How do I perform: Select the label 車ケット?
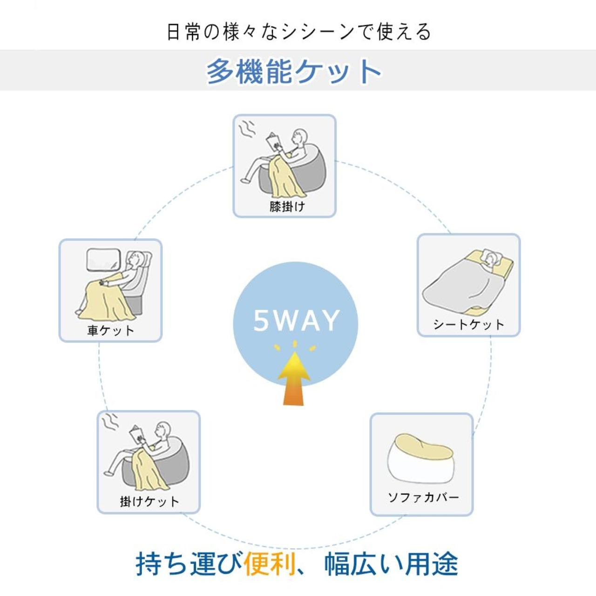[x=111, y=330]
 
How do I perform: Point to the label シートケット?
[x=468, y=324]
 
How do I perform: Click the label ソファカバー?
[x=423, y=497]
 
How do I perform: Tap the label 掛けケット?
[x=149, y=501]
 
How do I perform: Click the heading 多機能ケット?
[x=294, y=71]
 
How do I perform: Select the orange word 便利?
[x=270, y=564]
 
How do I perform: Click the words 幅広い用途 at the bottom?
[x=391, y=564]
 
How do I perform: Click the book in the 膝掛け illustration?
[x=273, y=141]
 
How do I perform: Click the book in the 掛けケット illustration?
[x=138, y=436]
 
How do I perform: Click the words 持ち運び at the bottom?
[x=189, y=564]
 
